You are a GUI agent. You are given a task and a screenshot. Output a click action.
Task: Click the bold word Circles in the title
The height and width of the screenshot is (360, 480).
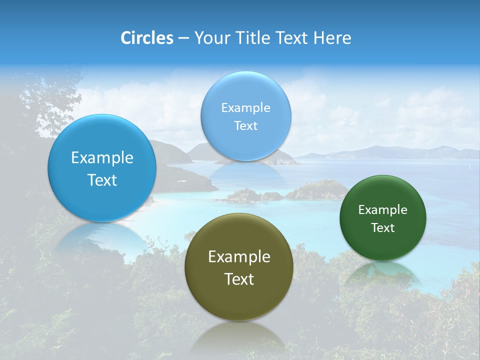tap(147, 38)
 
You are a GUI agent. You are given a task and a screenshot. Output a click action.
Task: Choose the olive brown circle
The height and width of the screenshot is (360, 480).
tap(239, 300)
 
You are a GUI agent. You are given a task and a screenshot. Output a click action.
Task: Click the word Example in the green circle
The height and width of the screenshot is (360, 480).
tap(382, 209)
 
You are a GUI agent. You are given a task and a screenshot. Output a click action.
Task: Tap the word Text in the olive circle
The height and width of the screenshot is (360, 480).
tap(239, 279)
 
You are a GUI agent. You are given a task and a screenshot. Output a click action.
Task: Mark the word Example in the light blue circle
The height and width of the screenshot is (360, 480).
tap(245, 107)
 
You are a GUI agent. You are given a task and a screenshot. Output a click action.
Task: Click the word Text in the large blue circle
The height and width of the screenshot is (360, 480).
tap(102, 180)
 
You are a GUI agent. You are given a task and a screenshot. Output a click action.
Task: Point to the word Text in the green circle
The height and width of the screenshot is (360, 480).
tap(382, 228)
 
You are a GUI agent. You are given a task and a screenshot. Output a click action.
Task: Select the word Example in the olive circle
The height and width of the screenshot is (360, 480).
tap(239, 256)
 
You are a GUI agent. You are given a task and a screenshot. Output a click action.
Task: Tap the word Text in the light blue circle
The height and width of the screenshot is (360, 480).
tap(245, 125)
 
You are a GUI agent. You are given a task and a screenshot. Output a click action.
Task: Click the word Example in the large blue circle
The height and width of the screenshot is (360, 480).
tap(102, 157)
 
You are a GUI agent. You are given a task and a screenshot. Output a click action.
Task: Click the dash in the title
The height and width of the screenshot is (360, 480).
tap(183, 38)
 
